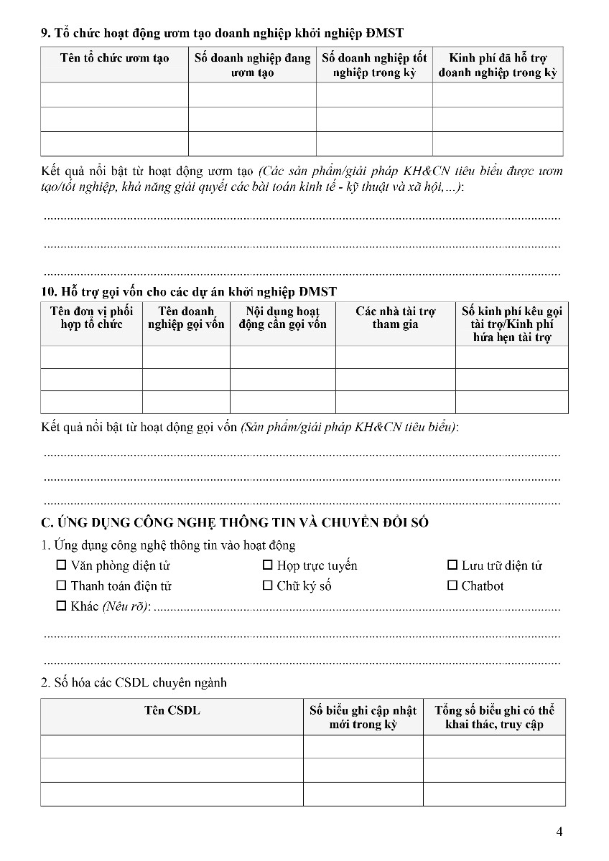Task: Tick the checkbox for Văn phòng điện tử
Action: (x=61, y=565)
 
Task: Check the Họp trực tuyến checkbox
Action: (x=268, y=565)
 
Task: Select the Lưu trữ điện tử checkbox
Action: (x=452, y=565)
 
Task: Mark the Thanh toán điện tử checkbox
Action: (x=61, y=585)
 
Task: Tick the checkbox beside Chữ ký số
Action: (x=268, y=585)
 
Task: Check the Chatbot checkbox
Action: (x=452, y=585)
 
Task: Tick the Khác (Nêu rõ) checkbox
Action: (x=61, y=606)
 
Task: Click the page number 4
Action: (x=559, y=832)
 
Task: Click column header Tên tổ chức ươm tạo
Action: (x=114, y=58)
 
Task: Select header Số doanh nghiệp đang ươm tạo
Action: (x=252, y=65)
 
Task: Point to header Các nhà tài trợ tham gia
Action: (x=395, y=317)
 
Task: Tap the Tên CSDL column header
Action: (x=172, y=710)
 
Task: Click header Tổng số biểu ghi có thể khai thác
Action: (x=494, y=717)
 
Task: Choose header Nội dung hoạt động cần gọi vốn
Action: (x=282, y=317)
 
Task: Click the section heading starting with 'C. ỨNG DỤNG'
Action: (x=235, y=522)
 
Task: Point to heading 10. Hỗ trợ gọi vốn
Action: (x=189, y=291)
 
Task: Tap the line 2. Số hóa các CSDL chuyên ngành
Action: (x=134, y=682)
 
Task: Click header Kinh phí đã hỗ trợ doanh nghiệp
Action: (x=497, y=65)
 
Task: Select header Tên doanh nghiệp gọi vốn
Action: (x=186, y=317)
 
